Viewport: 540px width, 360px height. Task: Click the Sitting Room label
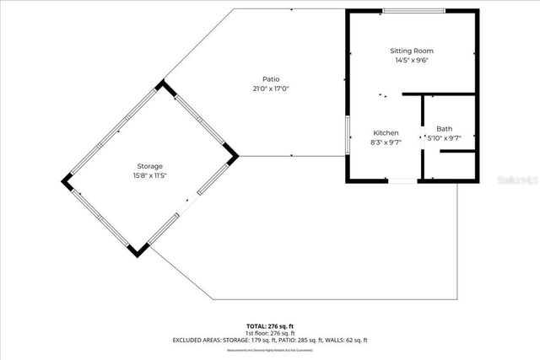click(412, 51)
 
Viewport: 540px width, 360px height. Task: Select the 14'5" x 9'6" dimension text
click(412, 61)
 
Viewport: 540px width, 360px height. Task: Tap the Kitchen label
click(386, 133)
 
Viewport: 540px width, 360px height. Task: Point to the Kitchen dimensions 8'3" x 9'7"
click(386, 142)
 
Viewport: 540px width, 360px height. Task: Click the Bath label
click(444, 129)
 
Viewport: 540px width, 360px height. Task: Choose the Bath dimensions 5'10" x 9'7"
click(444, 138)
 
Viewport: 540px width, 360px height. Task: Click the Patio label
click(271, 79)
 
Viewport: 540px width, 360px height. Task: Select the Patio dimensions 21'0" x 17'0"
click(271, 89)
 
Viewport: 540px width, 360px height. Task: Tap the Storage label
click(150, 166)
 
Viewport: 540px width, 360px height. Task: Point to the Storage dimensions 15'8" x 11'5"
click(150, 175)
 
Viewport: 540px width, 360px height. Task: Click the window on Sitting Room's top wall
click(413, 11)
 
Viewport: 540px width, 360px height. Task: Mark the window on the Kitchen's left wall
click(347, 136)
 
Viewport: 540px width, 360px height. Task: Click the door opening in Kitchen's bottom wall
click(402, 180)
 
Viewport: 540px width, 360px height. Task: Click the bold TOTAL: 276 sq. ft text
click(270, 325)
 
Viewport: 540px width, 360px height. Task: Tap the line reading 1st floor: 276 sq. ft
click(270, 332)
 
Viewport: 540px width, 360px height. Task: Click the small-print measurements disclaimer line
click(270, 348)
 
